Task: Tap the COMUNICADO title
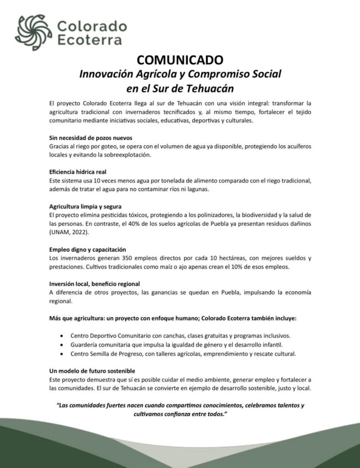(180, 60)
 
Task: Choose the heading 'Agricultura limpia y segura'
(85, 207)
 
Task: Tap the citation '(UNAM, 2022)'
(69, 233)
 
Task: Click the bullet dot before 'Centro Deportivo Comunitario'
(61, 335)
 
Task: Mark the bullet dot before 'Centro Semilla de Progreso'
(61, 353)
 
